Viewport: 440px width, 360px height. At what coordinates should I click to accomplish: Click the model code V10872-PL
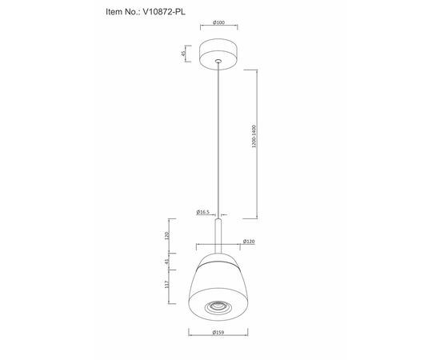(x=164, y=12)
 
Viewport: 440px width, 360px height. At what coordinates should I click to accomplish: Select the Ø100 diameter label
(x=218, y=22)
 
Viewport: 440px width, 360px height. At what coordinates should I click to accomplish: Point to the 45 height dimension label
(x=183, y=54)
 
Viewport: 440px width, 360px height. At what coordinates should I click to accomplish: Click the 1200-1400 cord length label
(x=254, y=136)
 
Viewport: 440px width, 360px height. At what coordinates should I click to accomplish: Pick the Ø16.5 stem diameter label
(x=203, y=212)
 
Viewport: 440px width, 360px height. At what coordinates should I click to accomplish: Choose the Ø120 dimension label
(x=249, y=242)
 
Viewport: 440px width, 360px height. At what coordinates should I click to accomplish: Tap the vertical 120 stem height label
(x=166, y=236)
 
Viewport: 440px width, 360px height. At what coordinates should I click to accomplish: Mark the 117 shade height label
(x=166, y=285)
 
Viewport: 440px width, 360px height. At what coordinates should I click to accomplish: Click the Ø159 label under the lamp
(x=218, y=333)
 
